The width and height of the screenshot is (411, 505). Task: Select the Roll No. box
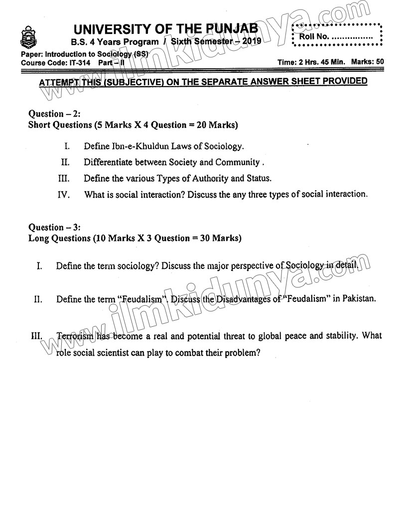coord(337,36)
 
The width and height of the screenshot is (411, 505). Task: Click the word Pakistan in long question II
coord(357,299)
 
